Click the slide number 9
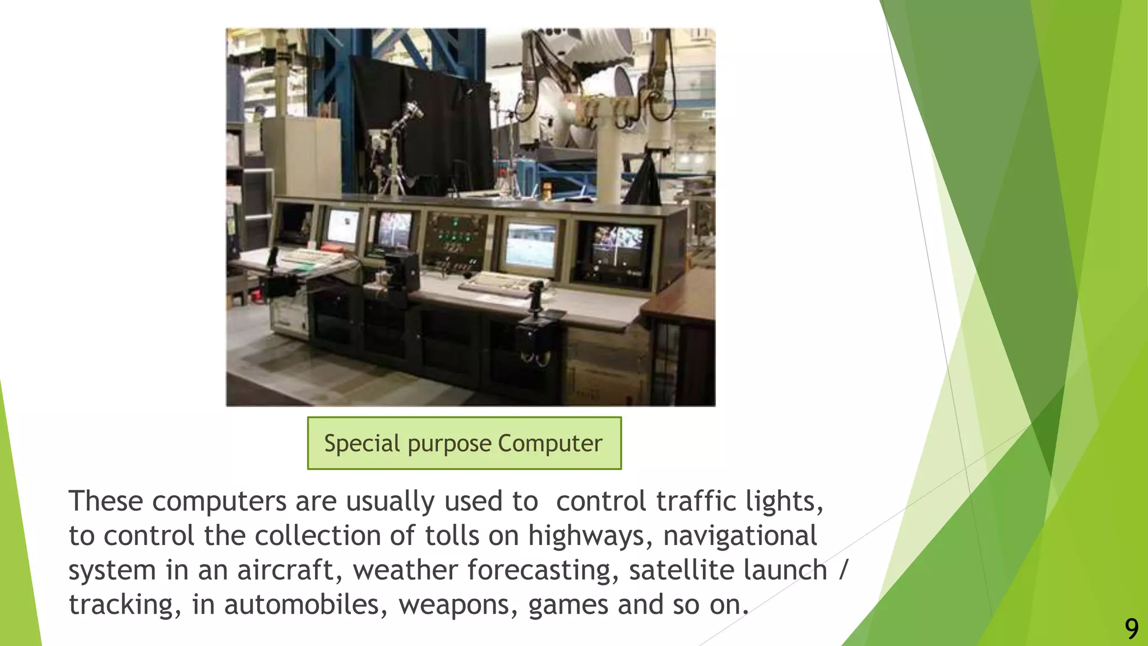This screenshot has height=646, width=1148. click(1131, 629)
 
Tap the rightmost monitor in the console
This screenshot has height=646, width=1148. click(617, 250)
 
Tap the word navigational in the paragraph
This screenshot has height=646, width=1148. click(739, 536)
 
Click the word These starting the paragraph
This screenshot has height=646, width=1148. click(105, 501)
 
